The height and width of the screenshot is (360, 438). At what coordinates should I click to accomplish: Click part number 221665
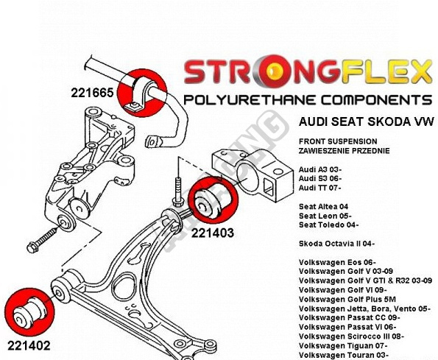point(92,93)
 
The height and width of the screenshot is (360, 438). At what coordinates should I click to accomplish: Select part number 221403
point(213,233)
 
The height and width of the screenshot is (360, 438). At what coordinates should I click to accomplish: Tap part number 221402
point(29,346)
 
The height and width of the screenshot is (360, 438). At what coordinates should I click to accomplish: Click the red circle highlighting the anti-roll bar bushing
point(143,93)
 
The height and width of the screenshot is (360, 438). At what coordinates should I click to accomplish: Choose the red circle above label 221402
point(29,312)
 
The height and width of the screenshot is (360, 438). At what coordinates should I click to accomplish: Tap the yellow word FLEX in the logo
point(386,71)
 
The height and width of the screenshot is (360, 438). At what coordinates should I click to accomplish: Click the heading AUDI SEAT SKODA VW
point(367,121)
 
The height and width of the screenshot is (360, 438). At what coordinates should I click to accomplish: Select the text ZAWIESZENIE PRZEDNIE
point(345,151)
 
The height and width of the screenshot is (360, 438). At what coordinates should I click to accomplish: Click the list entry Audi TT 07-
point(319,188)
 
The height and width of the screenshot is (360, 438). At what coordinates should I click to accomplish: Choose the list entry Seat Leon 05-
point(325,216)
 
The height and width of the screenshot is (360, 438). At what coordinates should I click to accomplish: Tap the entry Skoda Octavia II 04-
point(336,244)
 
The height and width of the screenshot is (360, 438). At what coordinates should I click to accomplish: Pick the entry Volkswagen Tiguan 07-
point(343,346)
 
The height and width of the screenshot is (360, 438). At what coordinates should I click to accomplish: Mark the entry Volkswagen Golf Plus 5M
point(347,300)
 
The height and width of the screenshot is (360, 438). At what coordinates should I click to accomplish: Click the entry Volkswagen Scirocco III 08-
point(351,336)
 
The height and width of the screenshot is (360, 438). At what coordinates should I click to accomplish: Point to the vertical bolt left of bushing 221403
point(178,192)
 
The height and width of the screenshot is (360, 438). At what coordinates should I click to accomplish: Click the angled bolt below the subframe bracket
point(43,240)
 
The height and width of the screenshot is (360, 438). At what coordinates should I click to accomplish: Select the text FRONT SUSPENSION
point(338,141)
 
